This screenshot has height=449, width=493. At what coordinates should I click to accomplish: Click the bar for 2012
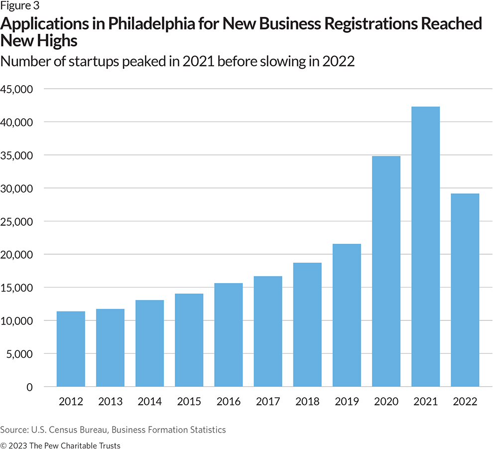71,349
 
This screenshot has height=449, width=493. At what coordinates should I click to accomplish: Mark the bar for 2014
149,343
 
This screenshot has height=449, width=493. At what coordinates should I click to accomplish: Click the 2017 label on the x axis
268,402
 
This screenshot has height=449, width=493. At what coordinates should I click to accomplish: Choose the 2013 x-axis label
110,402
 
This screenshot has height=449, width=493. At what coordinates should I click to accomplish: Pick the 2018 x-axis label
307,402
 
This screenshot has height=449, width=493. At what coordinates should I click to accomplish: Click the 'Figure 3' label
20,6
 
